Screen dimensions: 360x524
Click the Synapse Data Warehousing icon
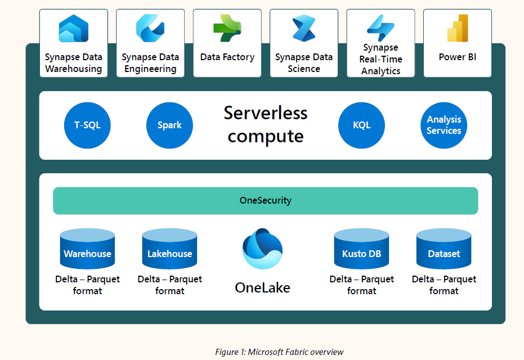(74, 29)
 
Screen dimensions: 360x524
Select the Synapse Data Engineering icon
(150, 28)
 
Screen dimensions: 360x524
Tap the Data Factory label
(227, 57)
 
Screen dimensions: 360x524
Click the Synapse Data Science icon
(304, 29)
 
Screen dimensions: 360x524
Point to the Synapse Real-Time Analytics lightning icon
(380, 26)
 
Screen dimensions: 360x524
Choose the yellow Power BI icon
(458, 28)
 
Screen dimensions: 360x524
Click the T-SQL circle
(87, 125)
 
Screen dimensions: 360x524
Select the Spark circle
(169, 125)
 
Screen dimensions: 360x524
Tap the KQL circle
(361, 125)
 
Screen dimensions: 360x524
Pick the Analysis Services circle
(444, 125)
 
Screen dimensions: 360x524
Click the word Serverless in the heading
(266, 112)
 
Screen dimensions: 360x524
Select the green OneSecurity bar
(266, 201)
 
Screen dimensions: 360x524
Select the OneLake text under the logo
(263, 287)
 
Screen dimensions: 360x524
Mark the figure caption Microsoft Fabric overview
(279, 352)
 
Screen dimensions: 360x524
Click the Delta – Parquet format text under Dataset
(444, 285)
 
